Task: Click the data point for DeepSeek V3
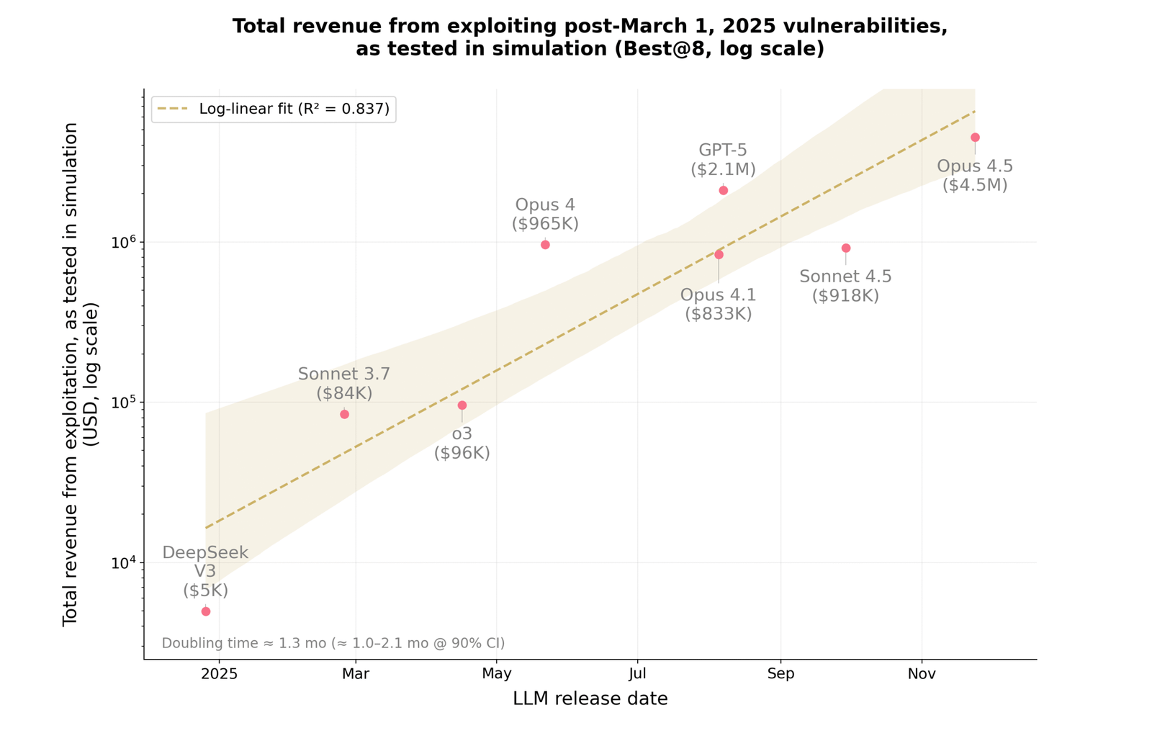pyautogui.click(x=206, y=611)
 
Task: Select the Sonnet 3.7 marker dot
pyautogui.click(x=344, y=414)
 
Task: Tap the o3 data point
pyautogui.click(x=462, y=405)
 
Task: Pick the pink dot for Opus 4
pyautogui.click(x=545, y=245)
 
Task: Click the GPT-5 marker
pyautogui.click(x=724, y=190)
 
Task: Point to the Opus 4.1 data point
pyautogui.click(x=719, y=254)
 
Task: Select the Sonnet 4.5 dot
pyautogui.click(x=846, y=248)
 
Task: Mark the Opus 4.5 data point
pyautogui.click(x=975, y=137)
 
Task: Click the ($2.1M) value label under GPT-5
pyautogui.click(x=723, y=169)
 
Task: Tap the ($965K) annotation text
pyautogui.click(x=545, y=223)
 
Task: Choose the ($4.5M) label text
pyautogui.click(x=975, y=185)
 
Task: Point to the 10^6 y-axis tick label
pyautogui.click(x=125, y=243)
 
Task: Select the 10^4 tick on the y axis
pyautogui.click(x=125, y=563)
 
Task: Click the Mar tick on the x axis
pyautogui.click(x=356, y=674)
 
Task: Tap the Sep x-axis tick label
pyautogui.click(x=780, y=674)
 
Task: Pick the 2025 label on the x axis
pyautogui.click(x=219, y=674)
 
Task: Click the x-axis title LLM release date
pyautogui.click(x=590, y=699)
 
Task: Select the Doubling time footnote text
pyautogui.click(x=333, y=643)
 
